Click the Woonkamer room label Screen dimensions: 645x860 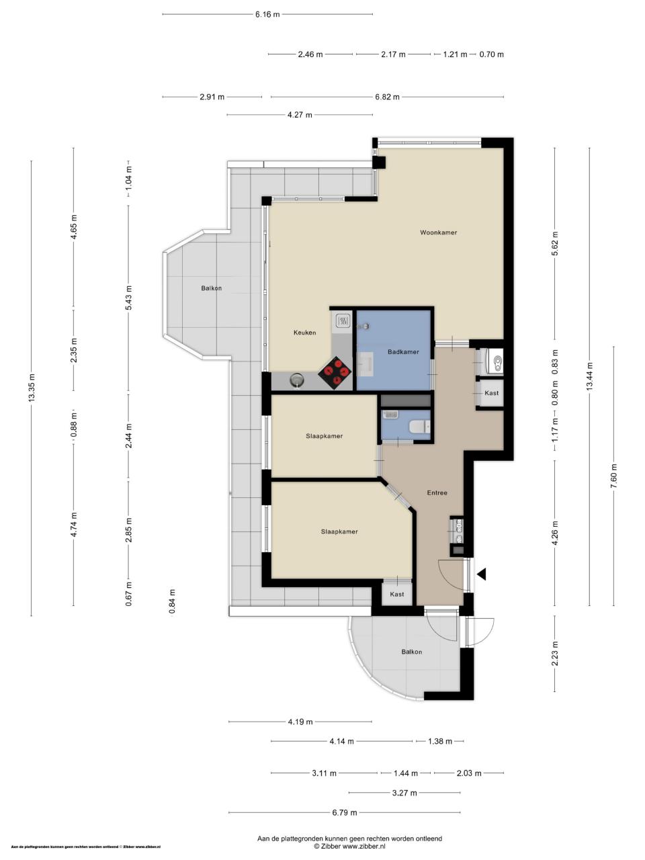(x=438, y=232)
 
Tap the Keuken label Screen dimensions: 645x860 (x=304, y=333)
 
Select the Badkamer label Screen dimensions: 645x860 (x=403, y=352)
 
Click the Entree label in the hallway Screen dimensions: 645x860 (x=437, y=493)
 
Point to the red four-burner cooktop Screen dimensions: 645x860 (x=335, y=372)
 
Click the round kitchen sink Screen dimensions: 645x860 (x=297, y=379)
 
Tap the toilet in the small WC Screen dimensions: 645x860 (x=419, y=426)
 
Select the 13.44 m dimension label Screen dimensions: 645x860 (x=589, y=376)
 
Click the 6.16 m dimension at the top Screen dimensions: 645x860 (x=267, y=15)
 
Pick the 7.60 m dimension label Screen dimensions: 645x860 (x=613, y=476)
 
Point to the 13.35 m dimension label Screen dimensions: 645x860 (x=32, y=387)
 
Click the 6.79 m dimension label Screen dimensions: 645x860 (x=345, y=812)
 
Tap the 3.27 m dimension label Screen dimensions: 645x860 (x=404, y=793)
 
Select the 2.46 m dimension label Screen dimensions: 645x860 (x=310, y=54)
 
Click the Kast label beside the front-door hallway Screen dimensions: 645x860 (x=396, y=595)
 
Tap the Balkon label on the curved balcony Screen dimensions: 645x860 (x=412, y=652)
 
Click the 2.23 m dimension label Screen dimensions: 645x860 (x=554, y=654)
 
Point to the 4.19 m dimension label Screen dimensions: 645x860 (x=300, y=722)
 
